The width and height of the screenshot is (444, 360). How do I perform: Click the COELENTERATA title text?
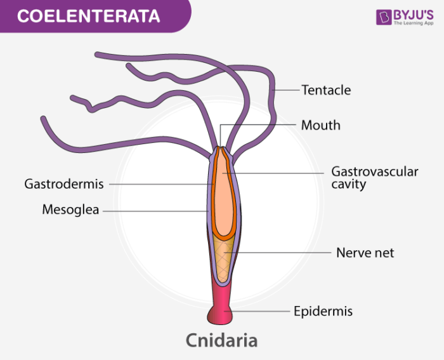88,16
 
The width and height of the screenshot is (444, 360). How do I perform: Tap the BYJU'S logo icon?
383,17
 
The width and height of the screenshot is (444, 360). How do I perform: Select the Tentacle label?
325,90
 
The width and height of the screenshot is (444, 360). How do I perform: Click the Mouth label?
320,125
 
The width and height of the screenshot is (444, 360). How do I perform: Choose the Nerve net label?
365,253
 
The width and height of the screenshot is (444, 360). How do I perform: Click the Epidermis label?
323,311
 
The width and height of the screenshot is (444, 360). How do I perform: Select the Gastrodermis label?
63,184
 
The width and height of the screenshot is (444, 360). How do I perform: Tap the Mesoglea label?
70,210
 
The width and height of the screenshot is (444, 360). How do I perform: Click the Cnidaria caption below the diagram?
221,340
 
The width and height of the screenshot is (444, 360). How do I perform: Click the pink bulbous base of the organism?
221,313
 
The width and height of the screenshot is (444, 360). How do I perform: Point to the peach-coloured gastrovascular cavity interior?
223,197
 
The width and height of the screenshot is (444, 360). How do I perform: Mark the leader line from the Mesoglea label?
155,210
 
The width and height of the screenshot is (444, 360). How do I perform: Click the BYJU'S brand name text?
413,13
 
